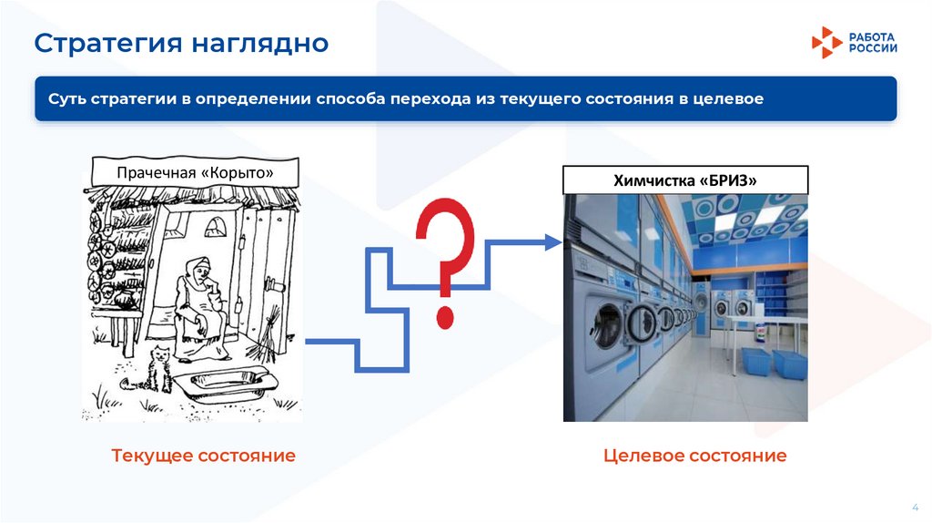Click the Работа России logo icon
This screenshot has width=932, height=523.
(826, 42)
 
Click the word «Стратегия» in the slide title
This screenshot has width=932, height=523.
(102, 43)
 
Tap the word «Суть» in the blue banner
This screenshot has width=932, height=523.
(66, 98)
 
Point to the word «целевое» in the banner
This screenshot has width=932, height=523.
(727, 98)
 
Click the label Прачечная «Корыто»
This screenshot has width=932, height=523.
(195, 173)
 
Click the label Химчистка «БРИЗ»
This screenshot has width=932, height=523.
(685, 180)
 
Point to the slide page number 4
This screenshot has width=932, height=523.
(914, 506)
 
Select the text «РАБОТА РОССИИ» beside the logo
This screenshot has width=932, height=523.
(873, 42)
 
